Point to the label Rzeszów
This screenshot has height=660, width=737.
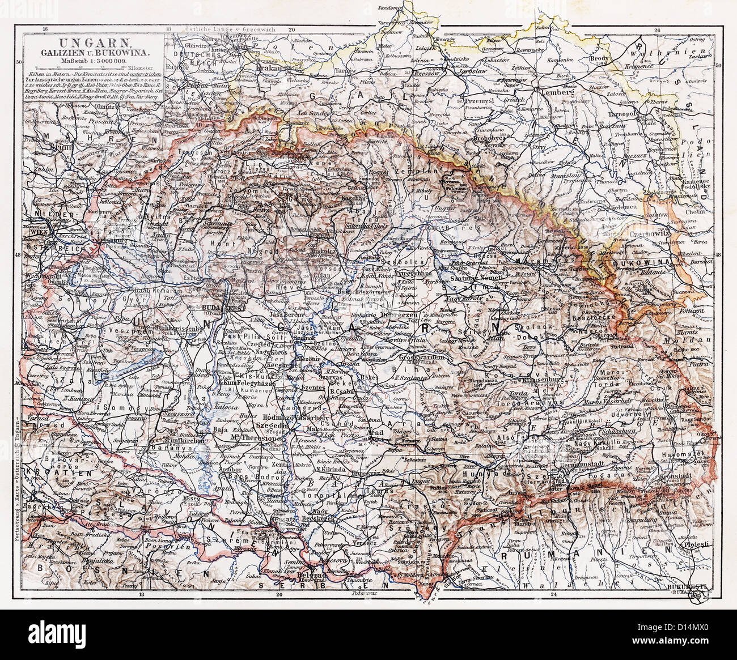(x=443, y=74)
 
